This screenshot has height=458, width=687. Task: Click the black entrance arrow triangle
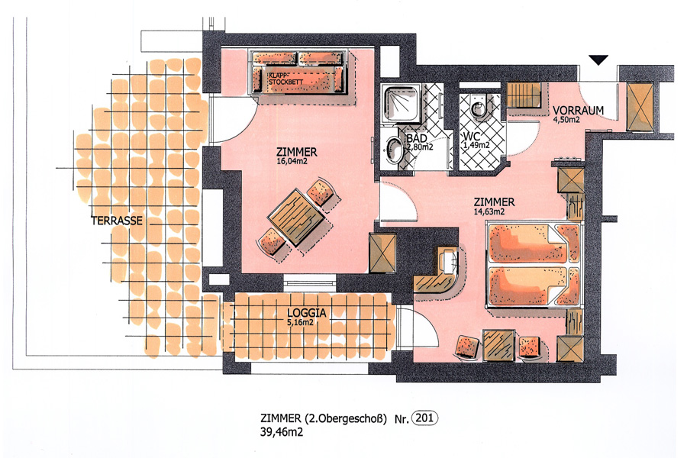[x=598, y=60]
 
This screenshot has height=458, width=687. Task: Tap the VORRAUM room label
[x=578, y=111]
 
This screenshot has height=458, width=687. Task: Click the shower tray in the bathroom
[x=402, y=103]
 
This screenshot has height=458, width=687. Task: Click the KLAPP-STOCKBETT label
[x=285, y=79]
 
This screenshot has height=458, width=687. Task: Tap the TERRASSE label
[x=117, y=221]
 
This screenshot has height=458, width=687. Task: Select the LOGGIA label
[x=307, y=313]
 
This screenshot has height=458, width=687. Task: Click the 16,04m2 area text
[x=292, y=161]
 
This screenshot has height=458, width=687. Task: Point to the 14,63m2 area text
[x=489, y=211]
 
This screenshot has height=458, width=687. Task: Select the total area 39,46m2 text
[x=281, y=432]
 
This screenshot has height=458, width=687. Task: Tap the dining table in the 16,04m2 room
[x=297, y=217]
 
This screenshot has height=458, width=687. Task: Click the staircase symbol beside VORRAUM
[x=524, y=95]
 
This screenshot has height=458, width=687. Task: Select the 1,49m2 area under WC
[x=476, y=145]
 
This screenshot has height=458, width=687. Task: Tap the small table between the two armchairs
[x=498, y=345]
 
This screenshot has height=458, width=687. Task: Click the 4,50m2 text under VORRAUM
[x=566, y=120]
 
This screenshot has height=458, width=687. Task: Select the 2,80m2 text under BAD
[x=420, y=147]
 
